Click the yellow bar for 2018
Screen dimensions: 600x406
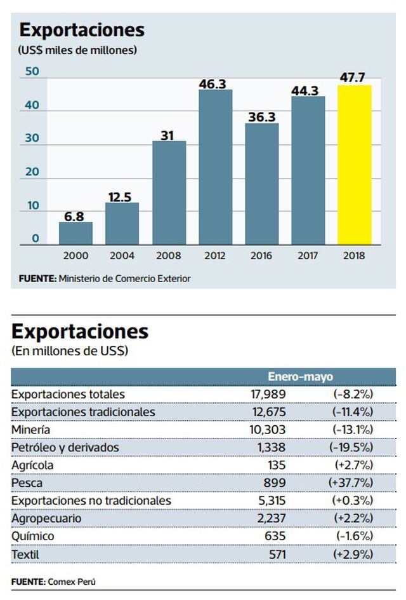355,165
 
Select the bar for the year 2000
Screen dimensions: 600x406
75,233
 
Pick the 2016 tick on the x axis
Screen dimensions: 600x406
261,256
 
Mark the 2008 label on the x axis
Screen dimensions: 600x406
168,256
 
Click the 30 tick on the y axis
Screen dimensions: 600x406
31,138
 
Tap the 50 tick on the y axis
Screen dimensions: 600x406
31,71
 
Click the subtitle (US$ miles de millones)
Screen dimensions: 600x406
78,50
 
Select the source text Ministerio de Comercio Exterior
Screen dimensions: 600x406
124,278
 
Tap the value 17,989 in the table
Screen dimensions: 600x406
268,394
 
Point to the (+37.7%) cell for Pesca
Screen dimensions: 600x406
351,483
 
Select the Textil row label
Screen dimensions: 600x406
25,554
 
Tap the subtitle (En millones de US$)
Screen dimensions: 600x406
70,351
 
